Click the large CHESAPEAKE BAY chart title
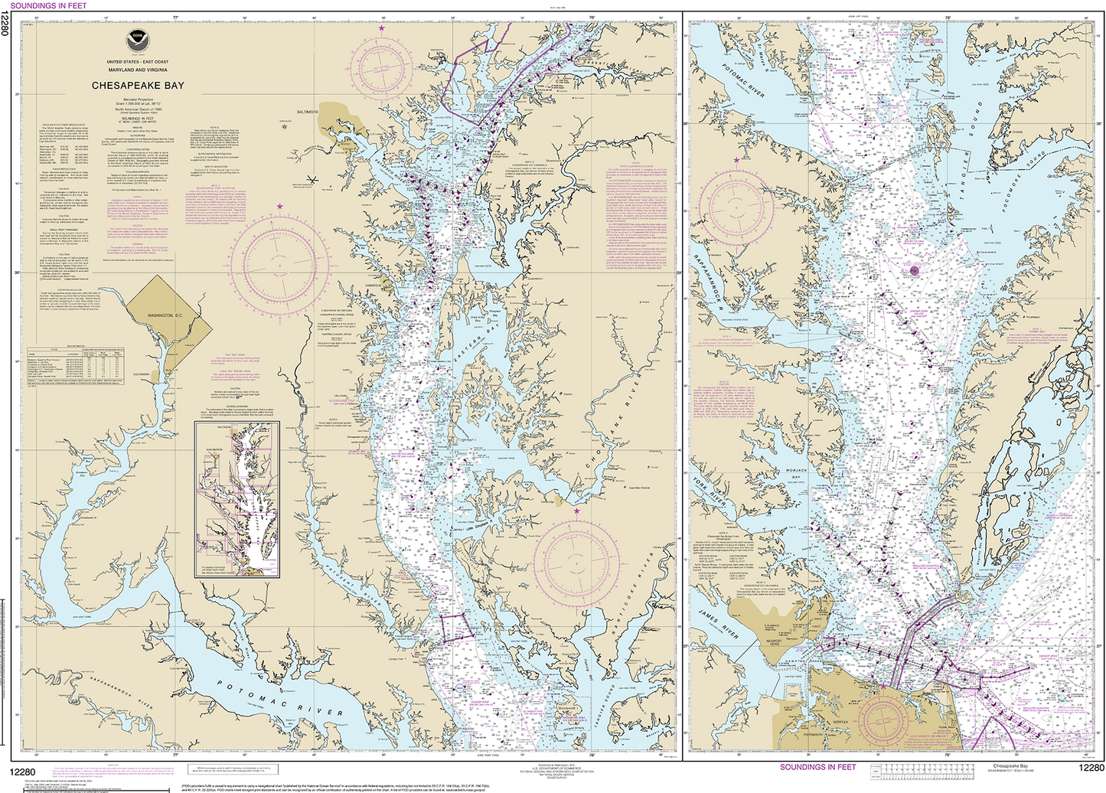tap(138, 86)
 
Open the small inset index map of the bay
tap(238, 499)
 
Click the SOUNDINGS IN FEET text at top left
tap(48, 5)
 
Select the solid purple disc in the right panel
tap(913, 269)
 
